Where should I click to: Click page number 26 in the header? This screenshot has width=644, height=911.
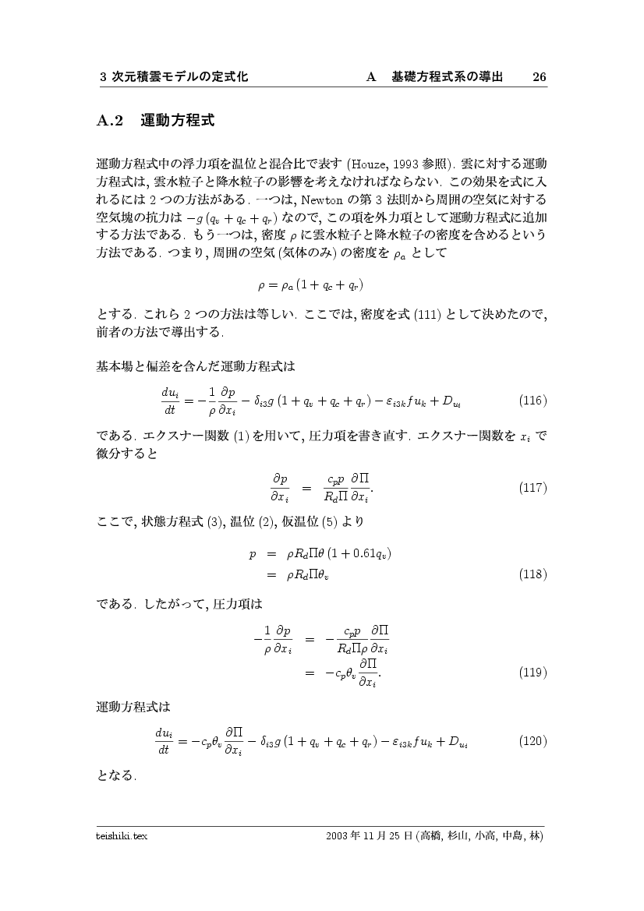point(539,77)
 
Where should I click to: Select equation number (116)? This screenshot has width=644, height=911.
point(533,401)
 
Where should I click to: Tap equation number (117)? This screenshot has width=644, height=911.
point(533,488)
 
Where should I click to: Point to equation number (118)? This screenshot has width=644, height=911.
point(533,574)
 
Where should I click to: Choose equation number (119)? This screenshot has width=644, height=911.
point(533,671)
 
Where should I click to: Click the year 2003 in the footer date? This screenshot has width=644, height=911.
point(338,836)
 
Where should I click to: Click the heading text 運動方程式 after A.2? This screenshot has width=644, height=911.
point(177,121)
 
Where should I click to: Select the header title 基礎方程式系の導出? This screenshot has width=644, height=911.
point(447,77)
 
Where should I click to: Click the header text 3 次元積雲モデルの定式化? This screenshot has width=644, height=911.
point(175,77)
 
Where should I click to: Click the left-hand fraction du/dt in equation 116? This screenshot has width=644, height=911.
point(171,401)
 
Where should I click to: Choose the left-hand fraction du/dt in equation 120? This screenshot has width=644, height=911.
point(165,740)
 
